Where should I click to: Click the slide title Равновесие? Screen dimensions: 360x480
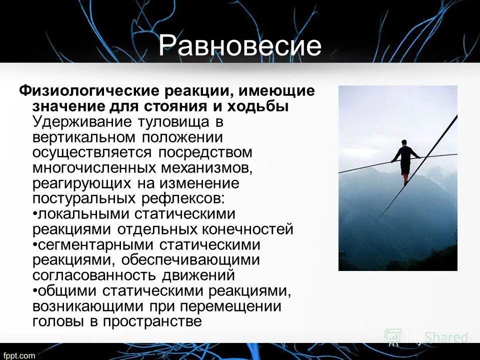pyautogui.click(x=240, y=46)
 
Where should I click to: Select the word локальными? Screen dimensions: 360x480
pyautogui.click(x=82, y=214)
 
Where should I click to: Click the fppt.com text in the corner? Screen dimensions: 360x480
pyautogui.click(x=17, y=355)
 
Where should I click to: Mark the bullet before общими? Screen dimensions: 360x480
pyautogui.click(x=34, y=291)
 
